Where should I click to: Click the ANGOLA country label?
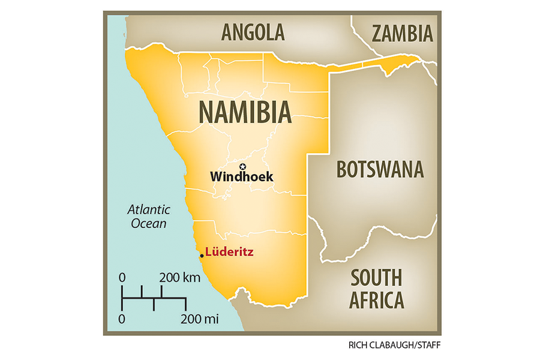253,32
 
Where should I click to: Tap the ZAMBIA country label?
402,34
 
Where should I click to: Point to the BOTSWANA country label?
380,170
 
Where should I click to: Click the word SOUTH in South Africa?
376,278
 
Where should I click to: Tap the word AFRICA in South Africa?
376,299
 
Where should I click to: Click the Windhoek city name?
242,177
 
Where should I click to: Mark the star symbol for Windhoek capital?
243,166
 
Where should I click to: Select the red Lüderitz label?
228,253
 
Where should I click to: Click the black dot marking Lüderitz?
202,256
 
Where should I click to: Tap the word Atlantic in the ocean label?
148,210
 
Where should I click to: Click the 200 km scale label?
179,278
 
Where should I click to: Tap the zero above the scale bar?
122,278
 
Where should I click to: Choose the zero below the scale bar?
122,318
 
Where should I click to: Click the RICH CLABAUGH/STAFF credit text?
394,346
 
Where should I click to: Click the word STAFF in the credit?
424,346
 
